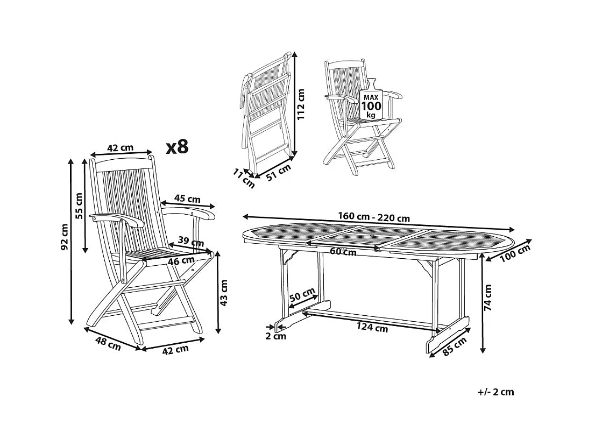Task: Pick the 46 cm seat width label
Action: pos(181,261)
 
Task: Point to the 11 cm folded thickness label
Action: pos(244,178)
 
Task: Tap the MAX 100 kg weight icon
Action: pos(372,102)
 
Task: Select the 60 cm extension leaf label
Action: pos(343,251)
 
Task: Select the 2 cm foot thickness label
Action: pos(276,337)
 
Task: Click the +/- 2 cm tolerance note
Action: pos(495,392)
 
